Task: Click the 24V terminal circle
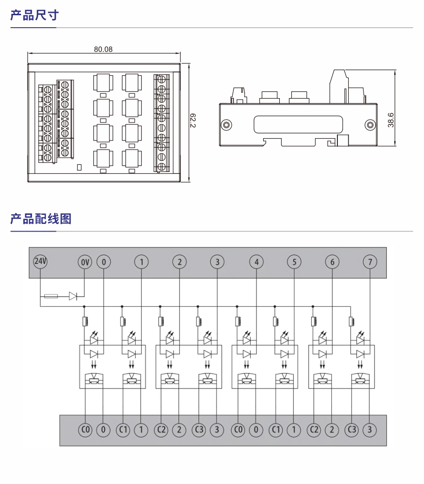pyautogui.click(x=40, y=262)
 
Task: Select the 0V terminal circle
pyautogui.click(x=84, y=262)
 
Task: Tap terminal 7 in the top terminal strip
pyautogui.click(x=370, y=262)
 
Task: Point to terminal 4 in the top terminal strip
pyautogui.click(x=256, y=262)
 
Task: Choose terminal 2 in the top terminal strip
pyautogui.click(x=179, y=262)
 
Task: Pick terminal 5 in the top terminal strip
pyautogui.click(x=294, y=262)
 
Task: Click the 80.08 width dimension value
pyautogui.click(x=103, y=49)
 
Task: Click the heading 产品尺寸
pyautogui.click(x=34, y=15)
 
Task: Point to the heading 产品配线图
pyautogui.click(x=41, y=219)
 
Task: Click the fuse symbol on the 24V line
pyautogui.click(x=51, y=296)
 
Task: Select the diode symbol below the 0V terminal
pyautogui.click(x=73, y=296)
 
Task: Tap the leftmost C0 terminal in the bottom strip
pyautogui.click(x=85, y=430)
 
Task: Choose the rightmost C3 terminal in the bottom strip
pyautogui.click(x=352, y=430)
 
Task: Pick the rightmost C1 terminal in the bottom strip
pyautogui.click(x=276, y=430)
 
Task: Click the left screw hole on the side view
pyautogui.click(x=227, y=125)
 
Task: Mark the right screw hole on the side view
pyautogui.click(x=369, y=125)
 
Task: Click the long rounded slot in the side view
pyautogui.click(x=298, y=125)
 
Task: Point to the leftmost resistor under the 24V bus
pyautogui.click(x=85, y=322)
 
